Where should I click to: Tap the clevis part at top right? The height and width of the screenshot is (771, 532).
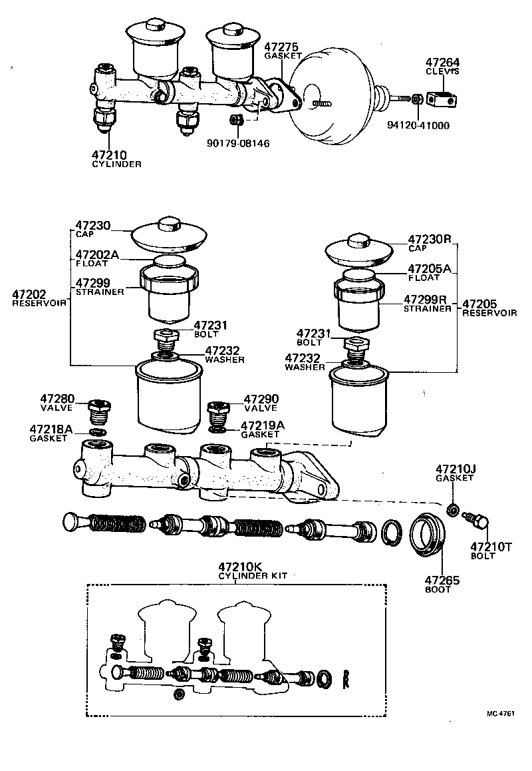pos(442,99)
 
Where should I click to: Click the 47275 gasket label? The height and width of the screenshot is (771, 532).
pos(281,47)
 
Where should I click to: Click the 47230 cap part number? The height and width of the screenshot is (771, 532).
pos(93,226)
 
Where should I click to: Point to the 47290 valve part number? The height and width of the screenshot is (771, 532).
pos(261,399)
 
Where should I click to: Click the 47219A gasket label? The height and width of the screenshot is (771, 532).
pos(262,425)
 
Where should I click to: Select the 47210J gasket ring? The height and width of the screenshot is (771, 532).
pos(452,510)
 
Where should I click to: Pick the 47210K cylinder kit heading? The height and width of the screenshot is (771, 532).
pos(241,567)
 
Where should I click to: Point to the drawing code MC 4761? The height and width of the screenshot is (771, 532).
pos(500,714)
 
